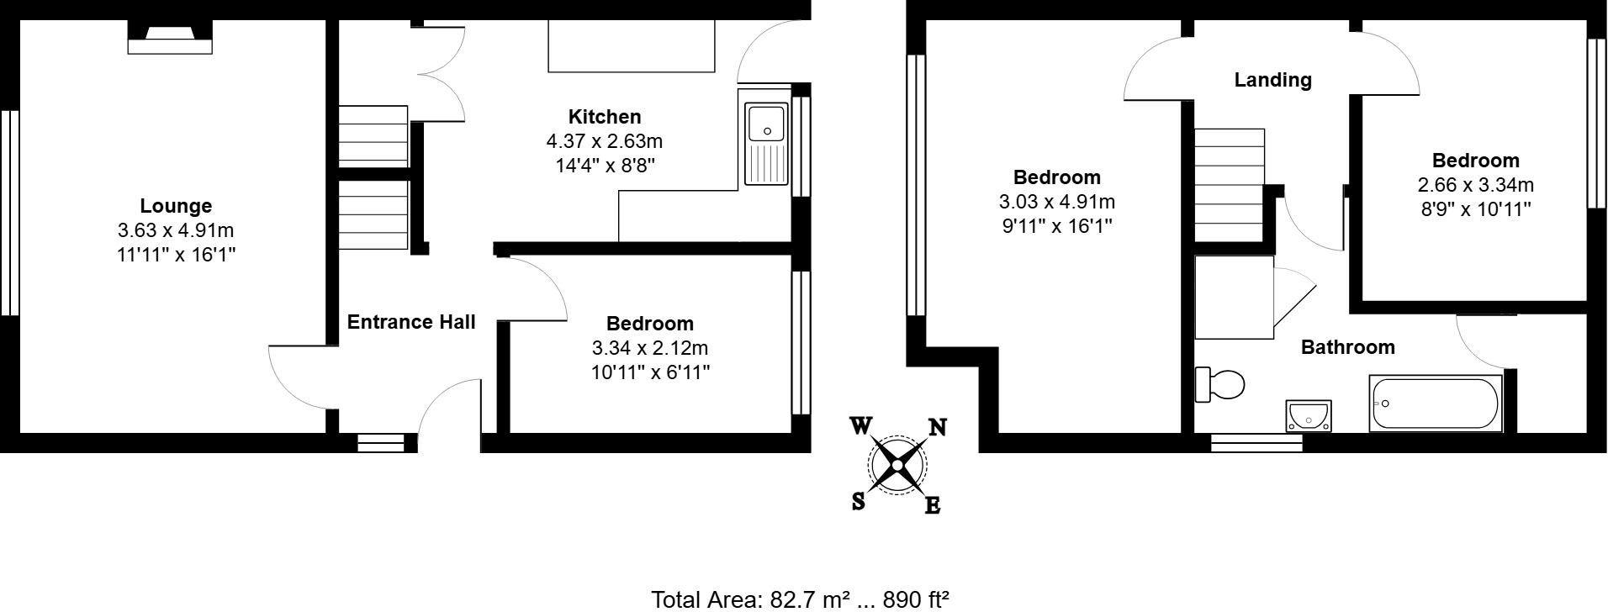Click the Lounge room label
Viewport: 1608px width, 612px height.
(176, 206)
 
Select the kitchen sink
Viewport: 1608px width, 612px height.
(765, 143)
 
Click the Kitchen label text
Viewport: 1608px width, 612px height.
(605, 117)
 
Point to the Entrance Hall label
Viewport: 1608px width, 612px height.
(411, 321)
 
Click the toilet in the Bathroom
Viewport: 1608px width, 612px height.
(1220, 385)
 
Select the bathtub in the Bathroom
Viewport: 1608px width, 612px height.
(1435, 404)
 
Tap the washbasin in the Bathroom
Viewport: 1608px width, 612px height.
(1309, 415)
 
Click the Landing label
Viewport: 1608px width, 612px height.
(1272, 80)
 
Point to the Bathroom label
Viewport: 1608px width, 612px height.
(1347, 347)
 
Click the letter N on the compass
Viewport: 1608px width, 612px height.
(936, 428)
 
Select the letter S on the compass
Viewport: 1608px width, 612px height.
(858, 502)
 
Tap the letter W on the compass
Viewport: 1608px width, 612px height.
(860, 426)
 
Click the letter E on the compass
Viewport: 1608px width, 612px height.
(933, 505)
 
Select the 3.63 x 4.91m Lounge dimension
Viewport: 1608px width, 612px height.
(176, 230)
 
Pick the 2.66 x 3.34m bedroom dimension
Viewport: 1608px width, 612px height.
(1475, 185)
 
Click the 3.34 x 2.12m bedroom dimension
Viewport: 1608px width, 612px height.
(650, 348)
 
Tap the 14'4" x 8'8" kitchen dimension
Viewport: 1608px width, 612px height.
(605, 166)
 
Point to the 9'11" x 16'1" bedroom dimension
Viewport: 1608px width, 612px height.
(1056, 226)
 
